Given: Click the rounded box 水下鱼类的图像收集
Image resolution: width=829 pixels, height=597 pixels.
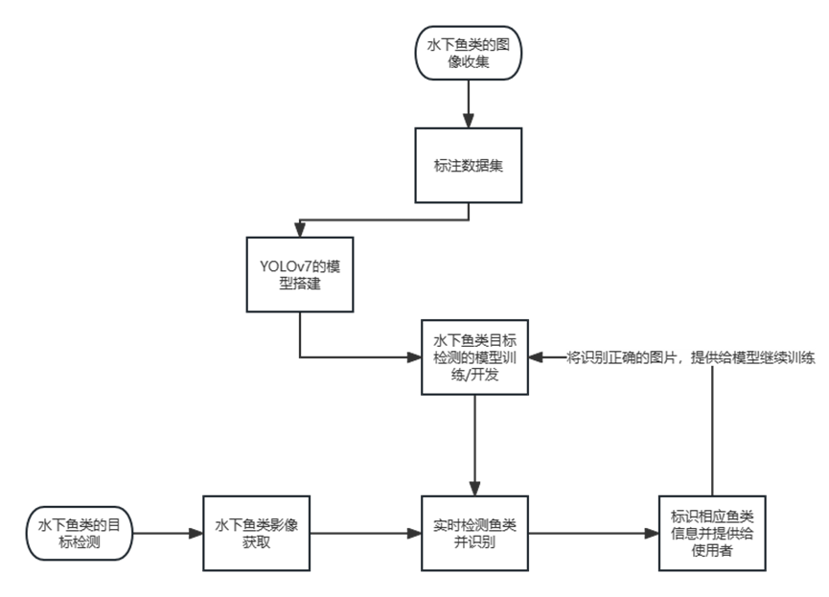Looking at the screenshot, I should tap(469, 54).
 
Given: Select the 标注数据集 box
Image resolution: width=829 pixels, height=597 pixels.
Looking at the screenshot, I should tap(469, 165).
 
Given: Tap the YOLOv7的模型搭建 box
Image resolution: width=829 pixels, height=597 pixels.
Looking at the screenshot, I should tap(299, 274).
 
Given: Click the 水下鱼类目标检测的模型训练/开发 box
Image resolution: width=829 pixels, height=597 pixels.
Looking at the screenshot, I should tap(475, 356).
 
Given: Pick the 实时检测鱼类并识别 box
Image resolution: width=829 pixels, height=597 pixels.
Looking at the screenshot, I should tap(475, 533).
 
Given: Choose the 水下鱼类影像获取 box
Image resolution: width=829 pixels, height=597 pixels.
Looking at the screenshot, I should tap(257, 533).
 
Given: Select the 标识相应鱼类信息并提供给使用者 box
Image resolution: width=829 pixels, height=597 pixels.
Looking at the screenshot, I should tap(711, 533).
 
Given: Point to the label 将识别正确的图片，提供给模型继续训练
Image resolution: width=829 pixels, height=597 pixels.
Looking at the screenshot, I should tap(690, 357).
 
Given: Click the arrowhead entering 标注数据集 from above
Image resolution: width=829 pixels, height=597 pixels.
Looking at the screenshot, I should tap(469, 122).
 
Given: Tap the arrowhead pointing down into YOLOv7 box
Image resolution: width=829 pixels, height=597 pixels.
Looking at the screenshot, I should tap(299, 231).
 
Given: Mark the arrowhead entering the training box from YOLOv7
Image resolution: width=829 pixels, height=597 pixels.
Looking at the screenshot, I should tap(415, 357).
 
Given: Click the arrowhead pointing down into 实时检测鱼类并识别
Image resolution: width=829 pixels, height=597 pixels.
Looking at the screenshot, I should tap(475, 489).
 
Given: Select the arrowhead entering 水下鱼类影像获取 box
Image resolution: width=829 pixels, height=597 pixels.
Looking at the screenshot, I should tap(196, 534).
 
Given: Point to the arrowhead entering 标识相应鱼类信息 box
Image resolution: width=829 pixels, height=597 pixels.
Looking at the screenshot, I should tap(652, 534).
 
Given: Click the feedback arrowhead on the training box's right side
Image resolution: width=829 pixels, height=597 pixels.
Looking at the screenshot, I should tap(536, 357).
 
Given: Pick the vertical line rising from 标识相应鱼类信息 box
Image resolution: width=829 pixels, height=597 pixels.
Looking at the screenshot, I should tap(712, 431).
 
